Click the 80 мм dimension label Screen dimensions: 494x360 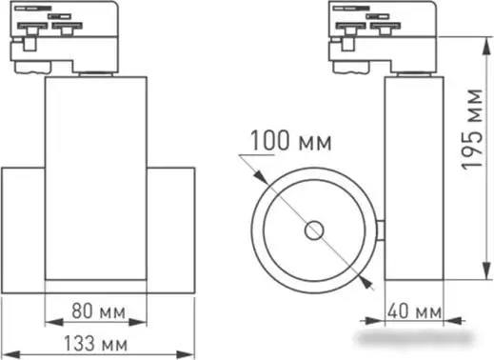point(98,311)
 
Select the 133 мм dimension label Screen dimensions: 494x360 point(95,344)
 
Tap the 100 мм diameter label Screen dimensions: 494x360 point(291,141)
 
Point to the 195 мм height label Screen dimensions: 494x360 point(471,130)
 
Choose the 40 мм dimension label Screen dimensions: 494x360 point(414,311)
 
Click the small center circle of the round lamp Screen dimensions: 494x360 point(314,230)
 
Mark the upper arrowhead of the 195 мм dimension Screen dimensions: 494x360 point(486,47)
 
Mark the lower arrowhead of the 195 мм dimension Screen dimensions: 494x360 point(486,270)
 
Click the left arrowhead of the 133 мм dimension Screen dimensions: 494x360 point(11,354)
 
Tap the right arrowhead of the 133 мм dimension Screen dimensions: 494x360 point(186,354)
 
